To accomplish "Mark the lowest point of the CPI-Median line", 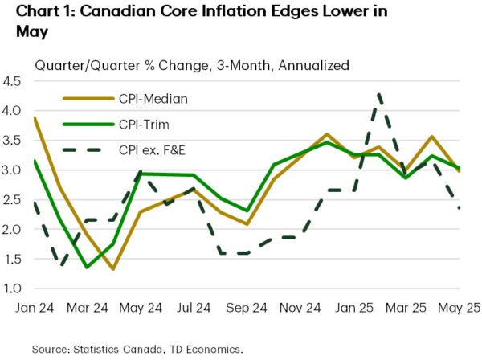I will (112, 269).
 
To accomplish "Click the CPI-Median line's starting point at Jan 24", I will (34, 118).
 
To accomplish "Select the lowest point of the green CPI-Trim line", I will (86, 267).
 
